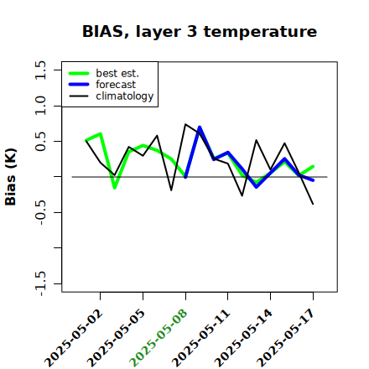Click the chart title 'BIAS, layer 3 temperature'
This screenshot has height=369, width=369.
click(200, 31)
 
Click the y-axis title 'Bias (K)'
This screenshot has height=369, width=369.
click(11, 177)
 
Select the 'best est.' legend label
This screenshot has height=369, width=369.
click(117, 73)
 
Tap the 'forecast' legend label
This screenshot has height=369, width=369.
click(116, 85)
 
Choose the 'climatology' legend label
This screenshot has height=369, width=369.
click(125, 96)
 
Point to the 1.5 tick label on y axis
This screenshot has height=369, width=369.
click(40, 70)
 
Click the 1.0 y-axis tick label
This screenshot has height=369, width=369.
click(40, 106)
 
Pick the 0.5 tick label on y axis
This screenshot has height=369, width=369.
click(40, 141)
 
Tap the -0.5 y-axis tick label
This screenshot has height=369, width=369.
click(40, 212)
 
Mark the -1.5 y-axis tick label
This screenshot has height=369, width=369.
click(40, 283)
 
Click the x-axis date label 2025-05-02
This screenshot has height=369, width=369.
click(74, 339)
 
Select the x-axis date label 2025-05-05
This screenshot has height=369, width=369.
click(117, 339)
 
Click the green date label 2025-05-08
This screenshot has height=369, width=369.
click(159, 339)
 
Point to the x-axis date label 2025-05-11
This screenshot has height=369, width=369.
click(200, 339)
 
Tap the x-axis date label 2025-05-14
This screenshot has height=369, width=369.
click(243, 339)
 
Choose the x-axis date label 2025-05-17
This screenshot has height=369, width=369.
click(286, 339)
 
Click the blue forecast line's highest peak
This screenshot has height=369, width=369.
click(200, 127)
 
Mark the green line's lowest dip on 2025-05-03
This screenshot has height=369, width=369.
click(115, 188)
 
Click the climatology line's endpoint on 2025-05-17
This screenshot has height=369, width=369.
click(313, 204)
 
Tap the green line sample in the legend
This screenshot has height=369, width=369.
click(79, 73)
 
